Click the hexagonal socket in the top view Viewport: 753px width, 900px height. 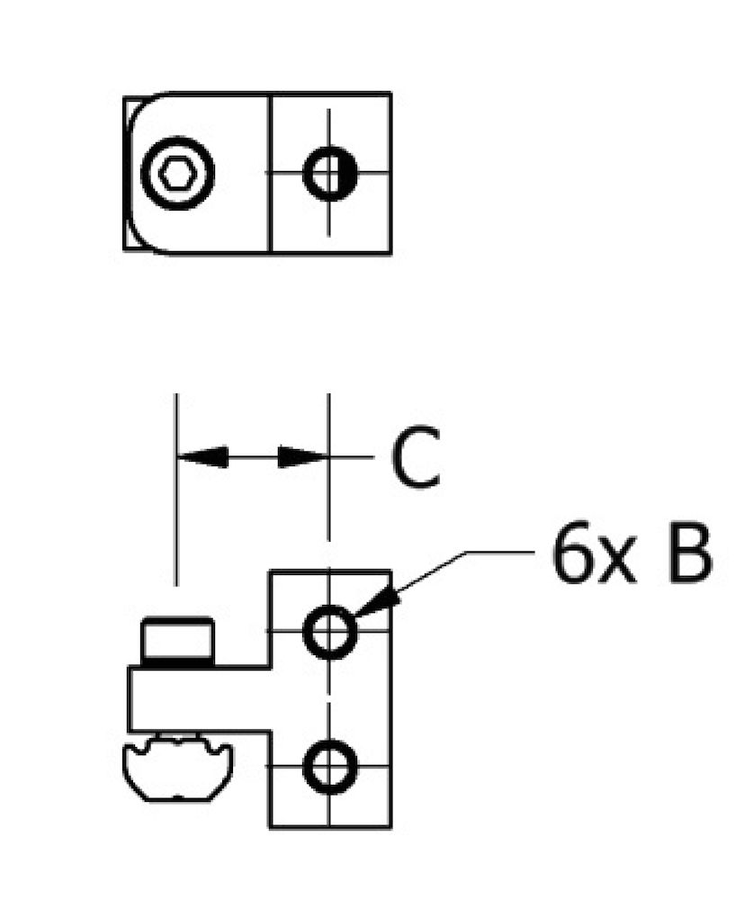[x=178, y=173]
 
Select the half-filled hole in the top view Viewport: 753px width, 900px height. [x=329, y=173]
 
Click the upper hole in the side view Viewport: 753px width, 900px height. [x=329, y=633]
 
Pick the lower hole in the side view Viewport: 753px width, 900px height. [x=329, y=768]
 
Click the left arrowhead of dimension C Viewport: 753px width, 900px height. [x=202, y=457]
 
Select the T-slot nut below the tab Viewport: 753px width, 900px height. [x=177, y=768]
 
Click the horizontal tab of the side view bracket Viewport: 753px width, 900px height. [x=198, y=698]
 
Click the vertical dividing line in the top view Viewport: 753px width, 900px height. [x=270, y=216]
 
